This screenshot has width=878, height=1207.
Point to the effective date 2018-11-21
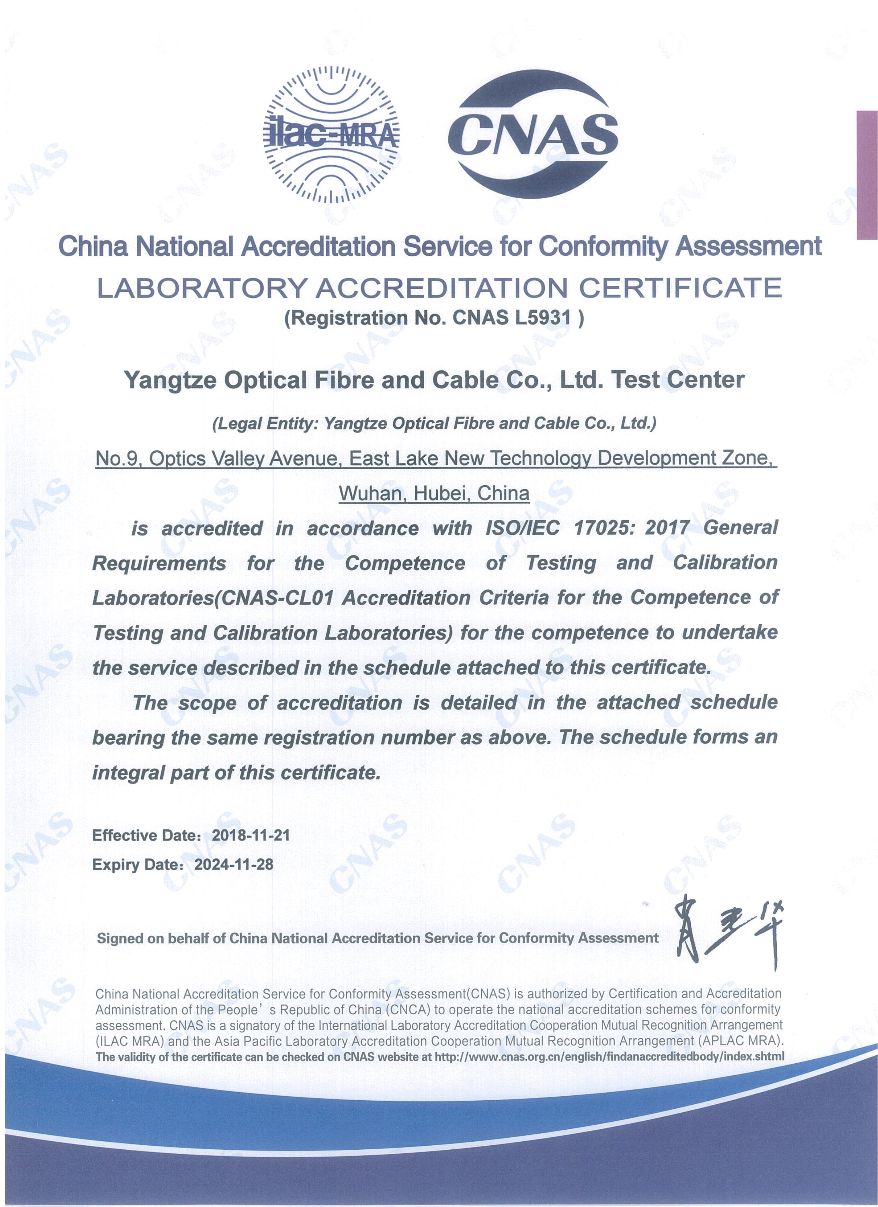click(x=251, y=835)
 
